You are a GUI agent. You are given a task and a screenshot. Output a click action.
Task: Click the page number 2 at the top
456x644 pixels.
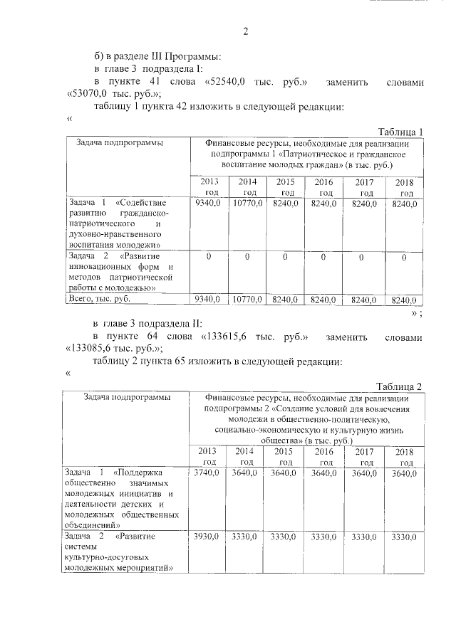tap(245, 31)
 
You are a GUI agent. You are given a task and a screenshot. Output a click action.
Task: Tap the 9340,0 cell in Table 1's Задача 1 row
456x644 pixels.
tap(207, 204)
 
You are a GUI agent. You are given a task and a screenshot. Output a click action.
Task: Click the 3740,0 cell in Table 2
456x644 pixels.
tap(207, 473)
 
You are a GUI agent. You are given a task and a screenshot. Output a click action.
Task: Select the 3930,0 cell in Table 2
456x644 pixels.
tap(207, 537)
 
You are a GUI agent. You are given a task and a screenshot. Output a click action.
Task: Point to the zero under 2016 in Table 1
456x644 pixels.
tap(323, 256)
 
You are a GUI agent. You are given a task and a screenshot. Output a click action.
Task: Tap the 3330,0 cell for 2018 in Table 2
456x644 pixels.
tap(403, 537)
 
